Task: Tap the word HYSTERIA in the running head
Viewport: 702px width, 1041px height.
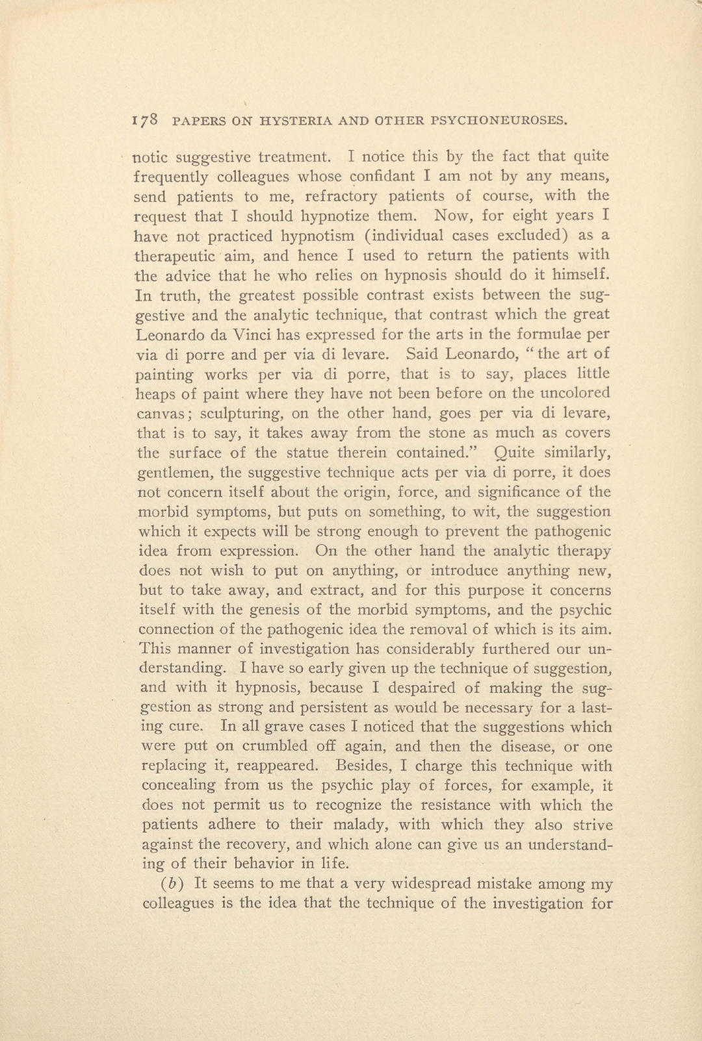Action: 301,120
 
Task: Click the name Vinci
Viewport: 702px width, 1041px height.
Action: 249,334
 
